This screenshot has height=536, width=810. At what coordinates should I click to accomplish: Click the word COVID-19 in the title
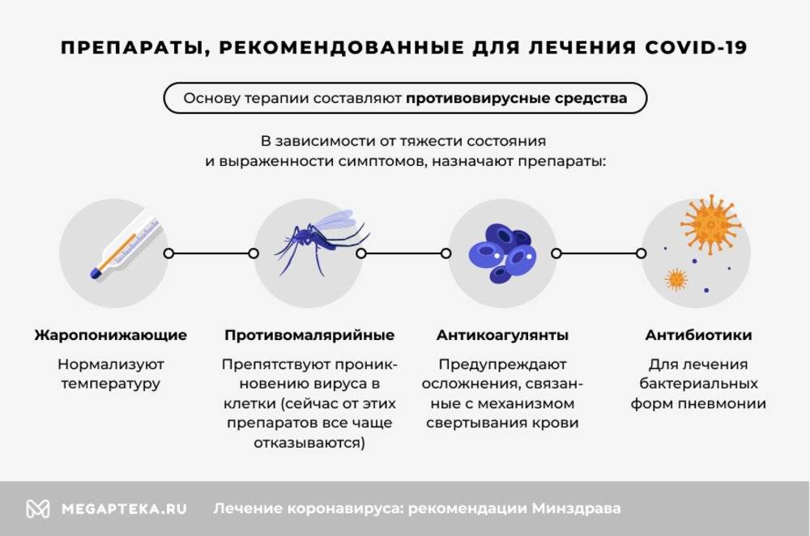695,48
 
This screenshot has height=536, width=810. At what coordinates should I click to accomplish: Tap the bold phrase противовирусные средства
516,98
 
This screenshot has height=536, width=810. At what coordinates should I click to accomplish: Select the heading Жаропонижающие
110,335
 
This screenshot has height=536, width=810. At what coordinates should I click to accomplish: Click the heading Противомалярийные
309,335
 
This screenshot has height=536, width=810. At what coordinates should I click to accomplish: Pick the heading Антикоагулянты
503,335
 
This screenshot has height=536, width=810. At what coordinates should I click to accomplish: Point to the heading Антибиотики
698,335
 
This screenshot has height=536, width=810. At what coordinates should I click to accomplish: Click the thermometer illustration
125,249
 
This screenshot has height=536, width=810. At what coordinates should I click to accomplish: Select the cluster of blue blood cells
502,253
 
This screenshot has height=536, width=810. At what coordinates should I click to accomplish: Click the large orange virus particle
711,224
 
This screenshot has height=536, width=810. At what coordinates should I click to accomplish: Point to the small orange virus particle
676,279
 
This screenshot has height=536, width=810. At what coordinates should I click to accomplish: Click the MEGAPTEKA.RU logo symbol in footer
38,508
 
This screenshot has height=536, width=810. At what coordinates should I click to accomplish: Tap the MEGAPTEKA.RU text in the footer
124,508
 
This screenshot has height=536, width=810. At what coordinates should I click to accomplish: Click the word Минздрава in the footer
577,508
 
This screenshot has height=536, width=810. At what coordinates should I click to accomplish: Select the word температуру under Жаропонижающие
110,384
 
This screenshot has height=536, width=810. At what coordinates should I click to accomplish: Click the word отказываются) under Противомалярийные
309,443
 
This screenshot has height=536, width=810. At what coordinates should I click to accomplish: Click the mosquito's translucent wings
335,220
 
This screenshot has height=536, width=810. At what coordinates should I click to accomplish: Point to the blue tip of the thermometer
96,273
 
